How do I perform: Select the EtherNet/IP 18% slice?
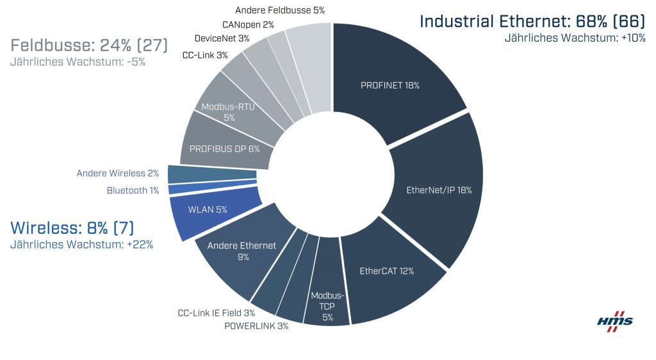coord(439,190)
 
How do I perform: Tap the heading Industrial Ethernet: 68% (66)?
coord(532,21)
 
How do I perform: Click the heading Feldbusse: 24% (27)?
coord(89,45)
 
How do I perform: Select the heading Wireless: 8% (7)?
coord(72,227)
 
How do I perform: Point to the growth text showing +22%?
coord(81,245)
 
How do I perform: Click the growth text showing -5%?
coord(78,62)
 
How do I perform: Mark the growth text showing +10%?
coord(575,38)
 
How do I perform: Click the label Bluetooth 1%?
coord(133,190)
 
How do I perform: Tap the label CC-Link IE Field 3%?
coord(217,313)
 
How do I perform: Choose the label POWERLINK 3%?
coord(256,326)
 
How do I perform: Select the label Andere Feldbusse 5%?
coord(280,10)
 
